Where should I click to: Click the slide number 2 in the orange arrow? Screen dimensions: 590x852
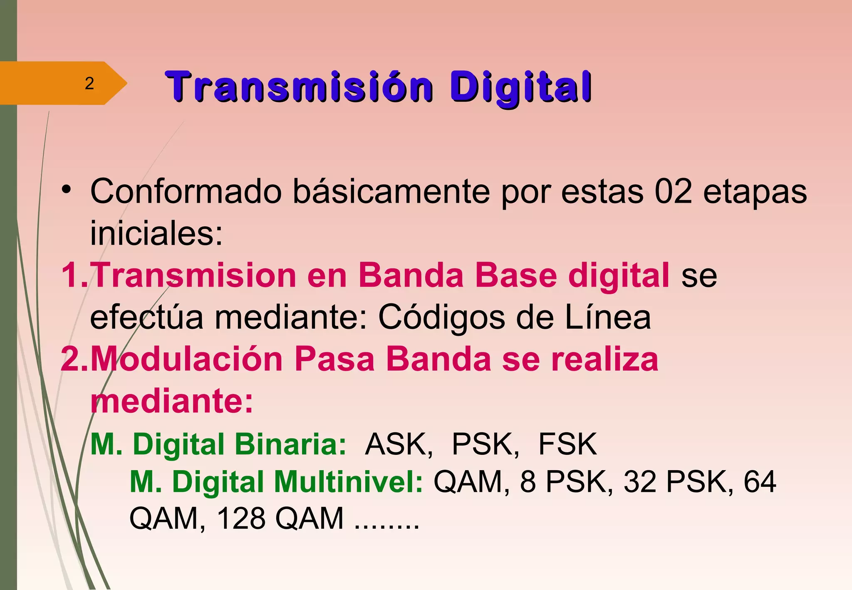click(89, 84)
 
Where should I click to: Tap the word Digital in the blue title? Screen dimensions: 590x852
click(520, 87)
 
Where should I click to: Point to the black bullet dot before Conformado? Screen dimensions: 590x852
click(66, 190)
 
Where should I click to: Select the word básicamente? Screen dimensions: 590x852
click(391, 192)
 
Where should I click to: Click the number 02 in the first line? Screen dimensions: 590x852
click(673, 192)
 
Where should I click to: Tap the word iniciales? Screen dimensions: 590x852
click(156, 233)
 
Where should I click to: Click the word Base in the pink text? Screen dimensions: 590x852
click(516, 275)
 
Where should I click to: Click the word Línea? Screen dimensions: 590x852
click(608, 317)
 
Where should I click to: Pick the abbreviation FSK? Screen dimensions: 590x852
click(567, 444)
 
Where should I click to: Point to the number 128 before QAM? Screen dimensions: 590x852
click(241, 518)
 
